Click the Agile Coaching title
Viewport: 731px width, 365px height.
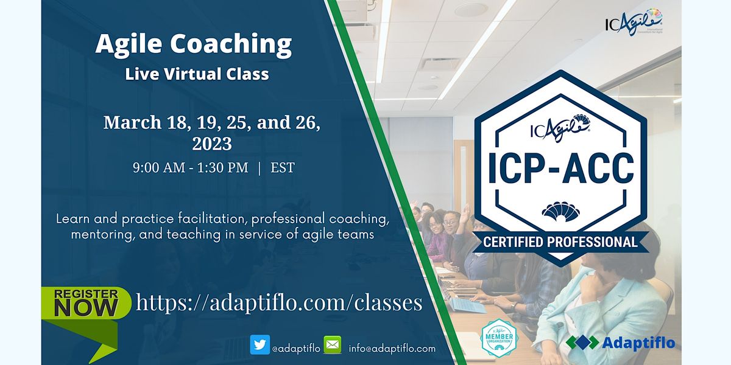click(193, 44)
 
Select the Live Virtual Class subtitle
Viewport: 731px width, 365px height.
click(197, 74)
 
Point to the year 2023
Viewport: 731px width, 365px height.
click(211, 144)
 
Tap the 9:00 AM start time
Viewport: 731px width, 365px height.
click(158, 168)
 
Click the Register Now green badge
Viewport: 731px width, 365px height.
click(85, 302)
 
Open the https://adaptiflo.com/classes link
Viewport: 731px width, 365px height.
click(279, 302)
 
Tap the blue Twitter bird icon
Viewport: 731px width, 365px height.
click(260, 345)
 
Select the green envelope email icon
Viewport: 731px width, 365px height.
click(332, 345)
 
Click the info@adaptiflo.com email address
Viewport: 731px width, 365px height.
click(392, 349)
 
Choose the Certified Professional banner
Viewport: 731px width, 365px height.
click(560, 242)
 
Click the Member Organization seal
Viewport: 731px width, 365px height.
click(499, 338)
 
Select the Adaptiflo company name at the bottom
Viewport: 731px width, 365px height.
click(638, 343)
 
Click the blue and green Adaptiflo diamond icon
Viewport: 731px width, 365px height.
click(582, 342)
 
